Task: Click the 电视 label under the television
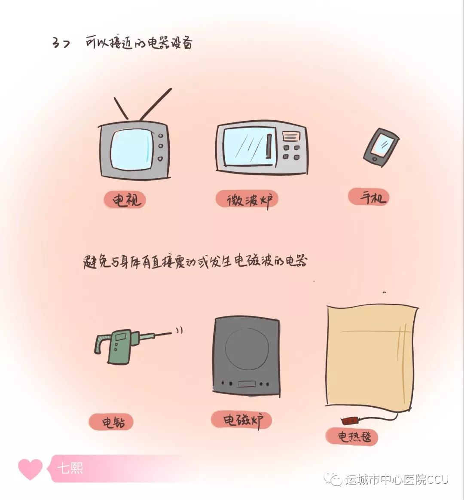(125, 200)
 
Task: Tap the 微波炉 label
(247, 200)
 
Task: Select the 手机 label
(369, 197)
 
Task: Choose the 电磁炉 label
(241, 420)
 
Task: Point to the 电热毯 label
(352, 436)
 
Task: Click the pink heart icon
(30, 469)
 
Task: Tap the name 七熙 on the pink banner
(70, 469)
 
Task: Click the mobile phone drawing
(382, 147)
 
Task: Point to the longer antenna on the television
(156, 104)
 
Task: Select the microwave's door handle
(269, 146)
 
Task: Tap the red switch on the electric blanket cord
(349, 421)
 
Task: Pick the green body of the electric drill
(119, 346)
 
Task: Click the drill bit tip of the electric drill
(171, 332)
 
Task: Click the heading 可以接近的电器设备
(139, 43)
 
